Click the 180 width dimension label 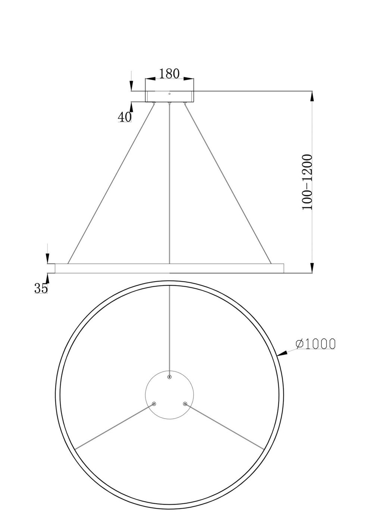[x=169, y=73]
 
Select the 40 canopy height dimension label [x=125, y=117]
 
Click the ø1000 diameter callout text [x=316, y=344]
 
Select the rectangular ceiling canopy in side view [x=170, y=96]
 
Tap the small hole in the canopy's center [x=170, y=94]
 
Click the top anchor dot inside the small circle [x=169, y=377]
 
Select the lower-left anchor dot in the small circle [x=154, y=403]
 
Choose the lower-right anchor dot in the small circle [x=185, y=403]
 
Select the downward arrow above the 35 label [x=47, y=258]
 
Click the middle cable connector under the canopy [x=170, y=103]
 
